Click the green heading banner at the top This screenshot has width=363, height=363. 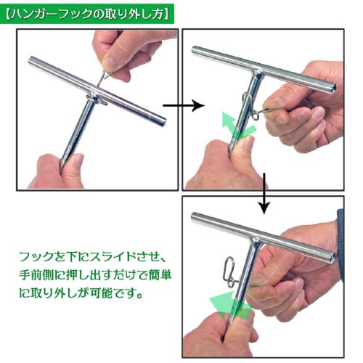click(87, 13)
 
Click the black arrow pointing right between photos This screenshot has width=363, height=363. click(181, 105)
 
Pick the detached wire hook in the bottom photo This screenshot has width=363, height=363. click(228, 269)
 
